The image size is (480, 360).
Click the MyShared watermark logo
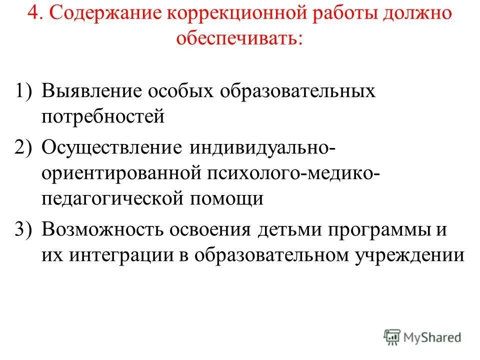click(422, 337)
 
